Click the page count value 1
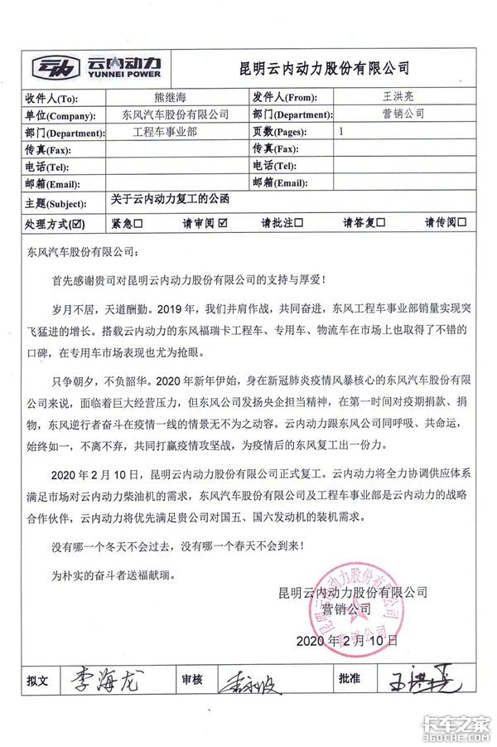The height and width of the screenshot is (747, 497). point(342,132)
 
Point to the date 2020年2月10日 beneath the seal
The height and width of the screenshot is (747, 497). point(347,641)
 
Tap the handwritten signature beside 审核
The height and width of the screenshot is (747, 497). point(249,681)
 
